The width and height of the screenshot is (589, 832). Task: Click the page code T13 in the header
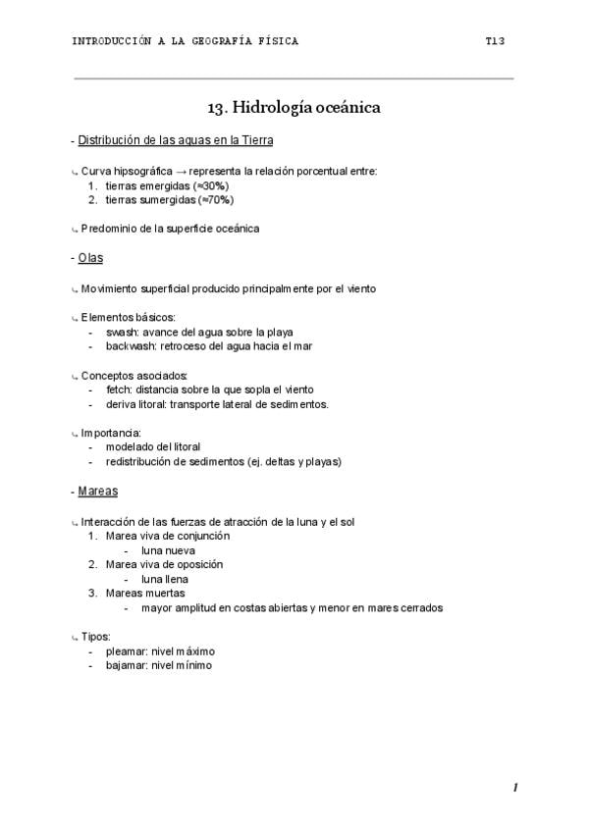coord(494,41)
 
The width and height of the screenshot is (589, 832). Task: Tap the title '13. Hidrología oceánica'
coord(294,107)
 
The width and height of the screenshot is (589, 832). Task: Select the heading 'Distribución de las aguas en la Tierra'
coord(176,140)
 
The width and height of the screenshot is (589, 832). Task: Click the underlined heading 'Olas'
coord(90,258)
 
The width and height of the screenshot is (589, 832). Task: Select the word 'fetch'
coord(118,390)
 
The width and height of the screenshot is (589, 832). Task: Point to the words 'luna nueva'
coord(168,550)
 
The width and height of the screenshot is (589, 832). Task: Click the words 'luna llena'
coord(166,579)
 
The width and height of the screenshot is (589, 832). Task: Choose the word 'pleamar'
coord(127,650)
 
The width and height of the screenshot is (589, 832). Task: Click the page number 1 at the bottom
coord(514,788)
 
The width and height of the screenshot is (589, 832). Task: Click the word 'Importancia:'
coord(112,433)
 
